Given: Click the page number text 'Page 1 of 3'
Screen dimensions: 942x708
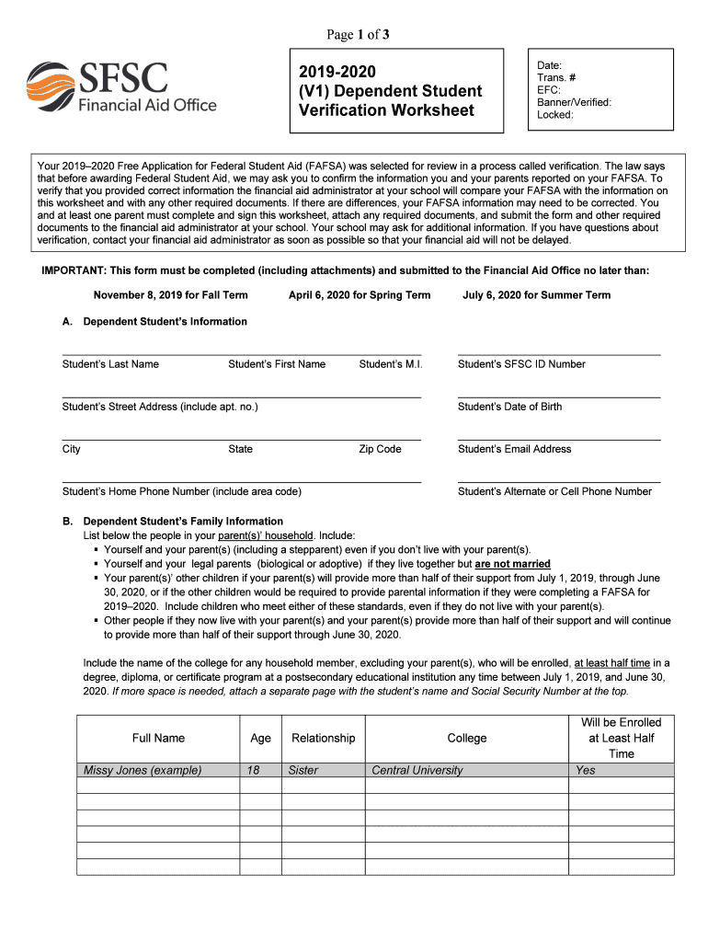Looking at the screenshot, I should pos(359,35).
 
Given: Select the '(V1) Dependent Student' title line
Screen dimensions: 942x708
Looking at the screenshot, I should pos(390,91).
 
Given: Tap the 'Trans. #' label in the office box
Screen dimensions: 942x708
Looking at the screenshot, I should pos(557,78).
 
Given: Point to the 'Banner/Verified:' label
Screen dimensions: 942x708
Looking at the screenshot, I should pos(574,103).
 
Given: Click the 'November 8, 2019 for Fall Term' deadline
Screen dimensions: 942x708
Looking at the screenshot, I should pos(170,295).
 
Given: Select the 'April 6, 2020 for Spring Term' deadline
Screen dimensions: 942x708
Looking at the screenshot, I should pos(360,295).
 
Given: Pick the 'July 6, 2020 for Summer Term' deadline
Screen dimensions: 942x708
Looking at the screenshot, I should pos(536,295).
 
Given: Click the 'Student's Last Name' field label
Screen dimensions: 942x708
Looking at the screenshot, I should pos(110,364).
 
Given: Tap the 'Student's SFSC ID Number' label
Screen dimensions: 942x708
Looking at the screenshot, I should pos(521,364).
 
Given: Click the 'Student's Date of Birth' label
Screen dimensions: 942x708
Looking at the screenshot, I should pos(509,407).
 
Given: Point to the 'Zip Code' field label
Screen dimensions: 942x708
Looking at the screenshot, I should pos(380,449).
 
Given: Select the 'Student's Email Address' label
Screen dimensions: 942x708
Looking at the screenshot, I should pos(514,449).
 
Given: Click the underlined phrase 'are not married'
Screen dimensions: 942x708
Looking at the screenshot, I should pos(512,564).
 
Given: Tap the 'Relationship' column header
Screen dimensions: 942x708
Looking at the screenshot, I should pos(323,738).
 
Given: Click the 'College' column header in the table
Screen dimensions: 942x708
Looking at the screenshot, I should pos(466,738).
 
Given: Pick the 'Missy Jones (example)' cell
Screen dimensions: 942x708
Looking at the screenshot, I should pos(143,771).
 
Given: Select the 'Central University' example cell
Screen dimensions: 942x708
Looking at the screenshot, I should pos(417,771).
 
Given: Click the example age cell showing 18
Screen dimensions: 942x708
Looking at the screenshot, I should pos(253,771).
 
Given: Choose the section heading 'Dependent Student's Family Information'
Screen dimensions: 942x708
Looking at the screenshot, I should pos(183,521).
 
